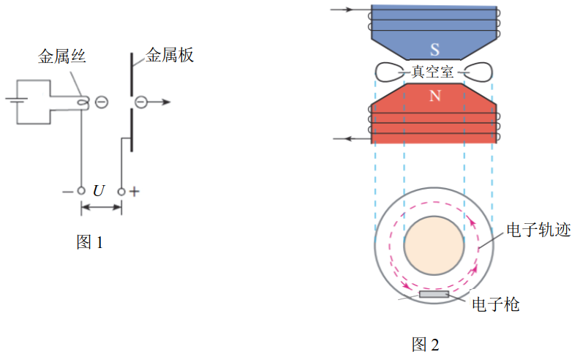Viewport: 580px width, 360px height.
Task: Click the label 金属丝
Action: pos(61,56)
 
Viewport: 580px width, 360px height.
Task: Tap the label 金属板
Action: pos(170,55)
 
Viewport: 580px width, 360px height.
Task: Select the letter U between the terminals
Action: pos(99,191)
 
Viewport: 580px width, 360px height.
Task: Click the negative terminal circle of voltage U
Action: pos(81,191)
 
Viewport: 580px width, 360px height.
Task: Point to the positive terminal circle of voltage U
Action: pos(121,192)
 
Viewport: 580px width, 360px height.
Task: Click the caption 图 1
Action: pos(89,242)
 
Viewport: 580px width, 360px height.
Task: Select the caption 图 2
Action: pos(426,345)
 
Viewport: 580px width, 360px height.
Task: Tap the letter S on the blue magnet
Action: pos(435,50)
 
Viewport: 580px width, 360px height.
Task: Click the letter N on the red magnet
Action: pos(435,96)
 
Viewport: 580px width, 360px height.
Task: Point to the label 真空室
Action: pos(432,72)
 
